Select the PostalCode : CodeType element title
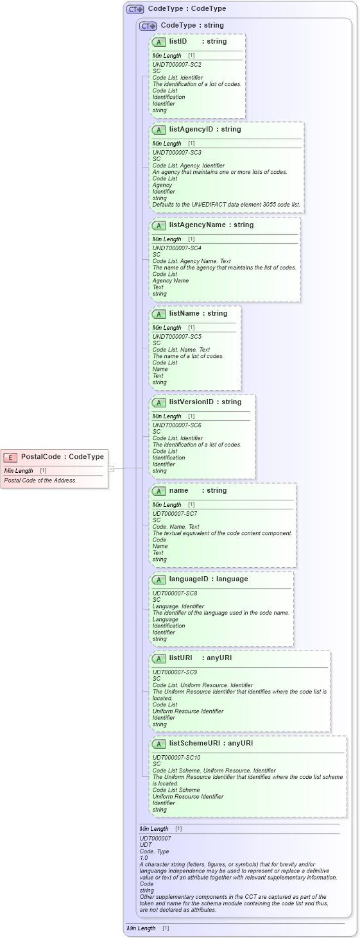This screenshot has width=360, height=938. [x=62, y=457]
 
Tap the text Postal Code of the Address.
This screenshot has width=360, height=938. [x=40, y=480]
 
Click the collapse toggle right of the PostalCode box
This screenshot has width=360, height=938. [x=111, y=469]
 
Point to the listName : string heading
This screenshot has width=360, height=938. [x=198, y=313]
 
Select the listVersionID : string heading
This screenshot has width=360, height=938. [x=205, y=402]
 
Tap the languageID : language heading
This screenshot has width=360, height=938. [x=208, y=579]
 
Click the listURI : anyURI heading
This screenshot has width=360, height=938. [x=200, y=658]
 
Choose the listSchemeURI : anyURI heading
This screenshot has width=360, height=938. [x=210, y=743]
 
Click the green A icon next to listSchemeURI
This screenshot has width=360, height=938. [x=159, y=744]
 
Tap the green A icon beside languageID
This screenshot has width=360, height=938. [x=159, y=579]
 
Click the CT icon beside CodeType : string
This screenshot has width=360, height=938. [x=148, y=26]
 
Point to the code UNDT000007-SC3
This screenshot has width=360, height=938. [x=176, y=153]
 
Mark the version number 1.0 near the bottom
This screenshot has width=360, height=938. [x=144, y=857]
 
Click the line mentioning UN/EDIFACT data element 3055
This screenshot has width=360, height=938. [x=226, y=204]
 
